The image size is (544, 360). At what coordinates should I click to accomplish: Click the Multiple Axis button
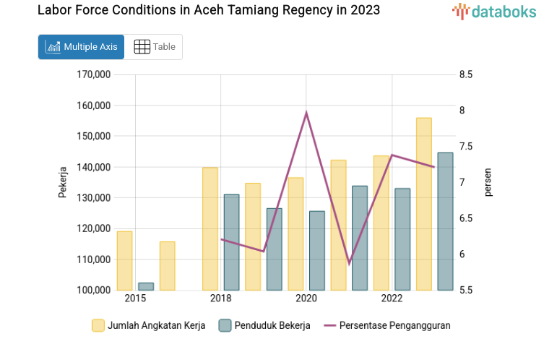click(81, 47)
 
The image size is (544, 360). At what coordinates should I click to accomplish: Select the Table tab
click(154, 47)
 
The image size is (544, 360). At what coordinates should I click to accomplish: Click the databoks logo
click(494, 11)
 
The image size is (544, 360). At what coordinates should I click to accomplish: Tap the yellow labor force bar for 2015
click(124, 260)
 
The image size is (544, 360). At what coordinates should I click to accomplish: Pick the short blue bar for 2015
click(146, 286)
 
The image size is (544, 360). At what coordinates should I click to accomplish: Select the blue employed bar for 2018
click(231, 242)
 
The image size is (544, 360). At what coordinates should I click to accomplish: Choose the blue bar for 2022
click(402, 239)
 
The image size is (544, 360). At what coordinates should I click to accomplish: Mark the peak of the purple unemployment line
click(306, 113)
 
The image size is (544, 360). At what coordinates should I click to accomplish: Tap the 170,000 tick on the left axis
click(92, 74)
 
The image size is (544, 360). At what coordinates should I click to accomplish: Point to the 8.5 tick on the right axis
click(465, 74)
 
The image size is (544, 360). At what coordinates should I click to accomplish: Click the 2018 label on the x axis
click(220, 299)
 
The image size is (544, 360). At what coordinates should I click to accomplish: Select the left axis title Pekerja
click(63, 182)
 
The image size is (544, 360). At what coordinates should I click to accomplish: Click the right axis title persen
click(488, 182)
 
